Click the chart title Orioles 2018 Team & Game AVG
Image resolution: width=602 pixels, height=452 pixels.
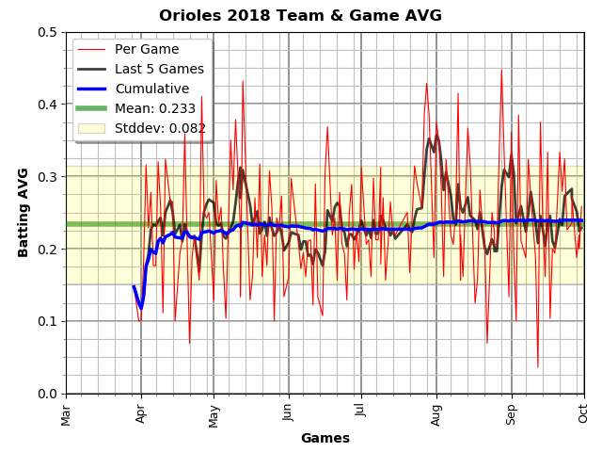coord(300,15)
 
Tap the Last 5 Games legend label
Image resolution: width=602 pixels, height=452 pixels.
coord(159,69)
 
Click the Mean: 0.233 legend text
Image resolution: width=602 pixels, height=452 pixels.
coord(155,108)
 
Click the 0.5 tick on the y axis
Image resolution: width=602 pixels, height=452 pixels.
coord(47,32)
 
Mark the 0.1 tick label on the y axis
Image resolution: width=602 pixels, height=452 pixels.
coord(47,321)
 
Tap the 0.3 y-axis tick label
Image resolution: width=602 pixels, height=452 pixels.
coord(47,177)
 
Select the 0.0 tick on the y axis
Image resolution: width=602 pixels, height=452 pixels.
coord(47,394)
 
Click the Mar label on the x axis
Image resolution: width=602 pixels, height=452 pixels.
coord(66,415)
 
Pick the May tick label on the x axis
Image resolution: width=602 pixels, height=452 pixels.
coord(214,416)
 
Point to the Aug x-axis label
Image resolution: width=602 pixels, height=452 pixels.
coord(436,415)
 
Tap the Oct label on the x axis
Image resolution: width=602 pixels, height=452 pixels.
coord(583,414)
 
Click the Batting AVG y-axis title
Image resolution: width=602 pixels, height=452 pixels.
coord(23,213)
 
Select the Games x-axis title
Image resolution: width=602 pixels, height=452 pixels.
coord(325,438)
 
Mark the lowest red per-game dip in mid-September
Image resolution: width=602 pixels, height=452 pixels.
coord(538,367)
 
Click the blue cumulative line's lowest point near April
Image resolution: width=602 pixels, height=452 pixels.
coord(141,308)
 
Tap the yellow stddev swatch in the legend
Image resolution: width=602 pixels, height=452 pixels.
coord(91,128)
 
